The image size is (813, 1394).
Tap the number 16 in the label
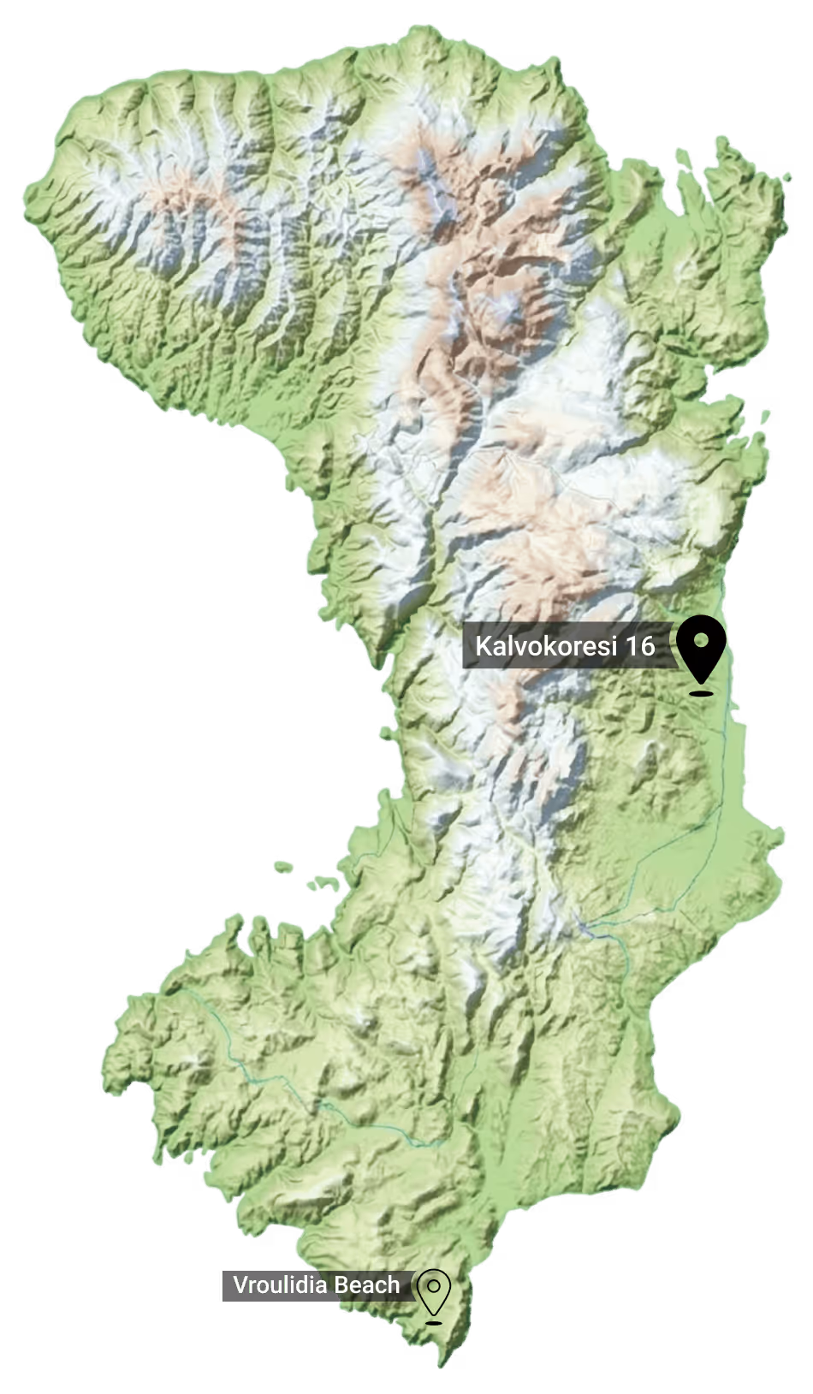tap(638, 645)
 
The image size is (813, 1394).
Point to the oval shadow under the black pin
tap(702, 692)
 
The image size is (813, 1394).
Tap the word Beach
tap(367, 1284)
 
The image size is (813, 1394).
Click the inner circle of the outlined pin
tap(435, 1285)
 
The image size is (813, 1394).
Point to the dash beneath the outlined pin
tap(435, 1322)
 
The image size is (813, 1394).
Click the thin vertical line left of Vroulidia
tap(223, 1285)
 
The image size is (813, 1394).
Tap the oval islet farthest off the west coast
tap(283, 867)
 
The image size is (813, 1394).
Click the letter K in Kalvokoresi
tap(482, 645)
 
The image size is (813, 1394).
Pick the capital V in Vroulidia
tap(240, 1284)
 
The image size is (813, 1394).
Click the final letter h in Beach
tap(393, 1284)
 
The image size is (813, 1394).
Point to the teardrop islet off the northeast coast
tap(683, 156)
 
